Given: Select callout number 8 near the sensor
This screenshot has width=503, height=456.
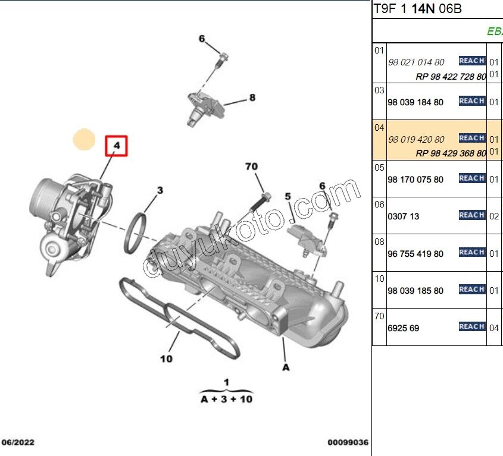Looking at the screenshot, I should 252,98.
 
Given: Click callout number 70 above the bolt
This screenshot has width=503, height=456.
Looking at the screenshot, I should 252,167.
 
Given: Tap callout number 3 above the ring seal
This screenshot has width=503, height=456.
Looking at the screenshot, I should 160,191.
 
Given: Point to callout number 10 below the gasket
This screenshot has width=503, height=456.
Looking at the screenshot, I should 167,358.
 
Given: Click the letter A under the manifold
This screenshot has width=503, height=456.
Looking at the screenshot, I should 286,368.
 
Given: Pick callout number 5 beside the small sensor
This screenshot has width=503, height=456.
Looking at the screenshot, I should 287,196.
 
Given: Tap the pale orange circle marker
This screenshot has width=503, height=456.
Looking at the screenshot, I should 84,140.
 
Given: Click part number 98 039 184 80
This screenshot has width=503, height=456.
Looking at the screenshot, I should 415,102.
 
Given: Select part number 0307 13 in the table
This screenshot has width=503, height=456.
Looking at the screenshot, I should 404,216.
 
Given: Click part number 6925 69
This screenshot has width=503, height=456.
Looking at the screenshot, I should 404,328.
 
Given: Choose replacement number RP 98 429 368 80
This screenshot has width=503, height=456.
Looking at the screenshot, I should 451,153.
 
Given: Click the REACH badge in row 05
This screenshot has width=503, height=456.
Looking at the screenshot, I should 471,178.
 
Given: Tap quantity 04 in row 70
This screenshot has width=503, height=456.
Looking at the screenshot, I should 493,328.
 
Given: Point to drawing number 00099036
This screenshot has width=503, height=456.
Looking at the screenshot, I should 348,443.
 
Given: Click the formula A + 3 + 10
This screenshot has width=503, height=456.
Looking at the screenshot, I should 226,399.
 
